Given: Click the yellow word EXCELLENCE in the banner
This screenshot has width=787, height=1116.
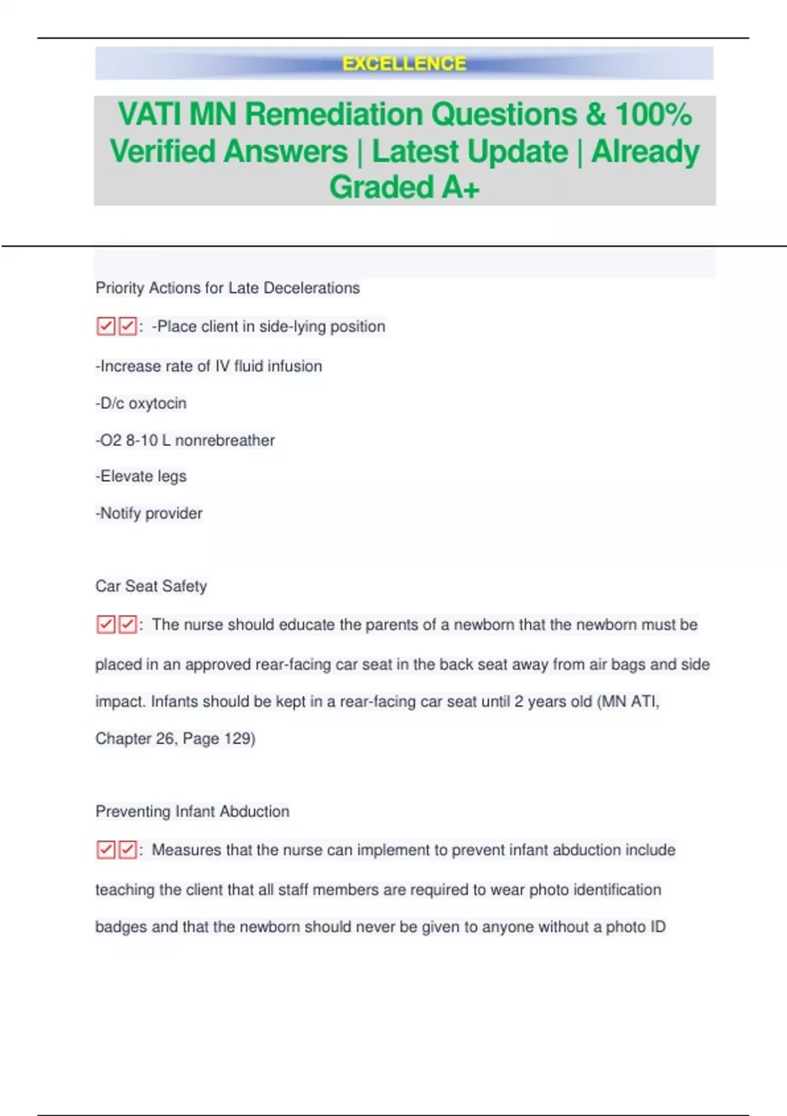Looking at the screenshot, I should pyautogui.click(x=404, y=64).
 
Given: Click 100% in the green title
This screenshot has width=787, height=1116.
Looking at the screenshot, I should pyautogui.click(x=653, y=114).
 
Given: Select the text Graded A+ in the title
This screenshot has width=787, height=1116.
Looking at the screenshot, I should pyautogui.click(x=404, y=187).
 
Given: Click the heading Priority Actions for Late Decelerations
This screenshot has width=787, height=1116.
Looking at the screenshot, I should pyautogui.click(x=228, y=288).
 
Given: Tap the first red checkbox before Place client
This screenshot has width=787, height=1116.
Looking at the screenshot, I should pyautogui.click(x=106, y=326).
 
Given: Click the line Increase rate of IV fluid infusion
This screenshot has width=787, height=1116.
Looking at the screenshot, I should pyautogui.click(x=209, y=366).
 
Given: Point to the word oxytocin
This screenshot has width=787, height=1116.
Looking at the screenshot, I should pyautogui.click(x=157, y=403).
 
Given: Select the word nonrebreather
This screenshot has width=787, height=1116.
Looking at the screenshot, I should pyautogui.click(x=225, y=440).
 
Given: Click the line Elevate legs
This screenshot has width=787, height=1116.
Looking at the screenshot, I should pyautogui.click(x=142, y=477).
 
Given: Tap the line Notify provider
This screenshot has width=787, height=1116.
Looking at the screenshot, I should pyautogui.click(x=150, y=513).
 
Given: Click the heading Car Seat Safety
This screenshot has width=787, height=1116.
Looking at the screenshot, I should pyautogui.click(x=151, y=586).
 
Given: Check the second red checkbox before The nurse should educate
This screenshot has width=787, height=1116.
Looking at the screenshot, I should pyautogui.click(x=128, y=624).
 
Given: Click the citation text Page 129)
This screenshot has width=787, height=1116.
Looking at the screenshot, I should pyautogui.click(x=219, y=739).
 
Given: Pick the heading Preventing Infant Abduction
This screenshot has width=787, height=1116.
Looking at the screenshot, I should pyautogui.click(x=192, y=811).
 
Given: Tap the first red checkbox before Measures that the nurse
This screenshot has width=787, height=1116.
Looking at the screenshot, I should pyautogui.click(x=106, y=850).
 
